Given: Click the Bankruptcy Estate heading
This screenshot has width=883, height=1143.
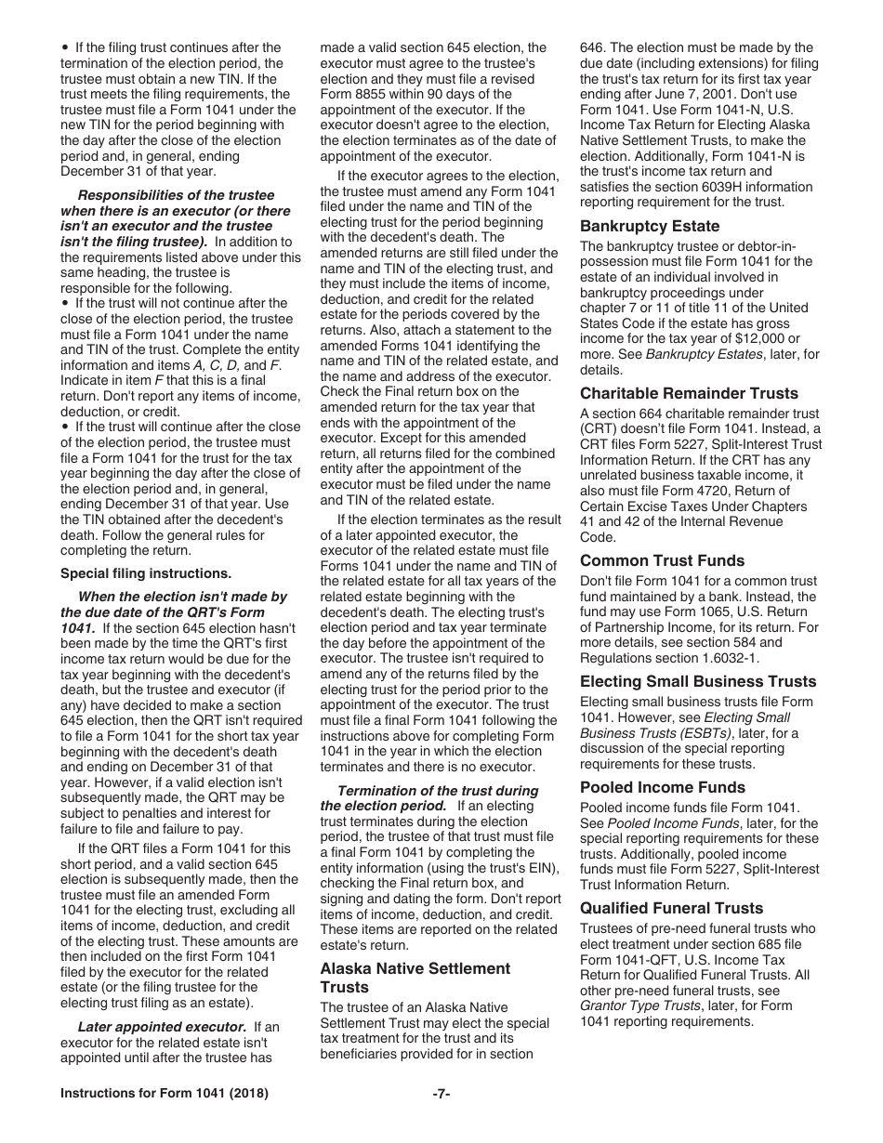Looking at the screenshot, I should click(x=650, y=226).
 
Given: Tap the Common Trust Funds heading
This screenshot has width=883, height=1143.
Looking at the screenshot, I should click(x=662, y=560).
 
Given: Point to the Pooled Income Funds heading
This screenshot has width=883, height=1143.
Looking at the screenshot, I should click(x=663, y=787).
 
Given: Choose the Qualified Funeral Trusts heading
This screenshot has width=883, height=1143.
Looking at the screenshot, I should click(x=671, y=908).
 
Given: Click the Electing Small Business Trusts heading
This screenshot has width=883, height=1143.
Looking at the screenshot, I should click(x=698, y=681).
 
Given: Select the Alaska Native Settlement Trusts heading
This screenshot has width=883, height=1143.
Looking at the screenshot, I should click(x=415, y=978).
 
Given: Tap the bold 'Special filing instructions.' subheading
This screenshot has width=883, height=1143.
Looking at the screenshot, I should click(x=146, y=573).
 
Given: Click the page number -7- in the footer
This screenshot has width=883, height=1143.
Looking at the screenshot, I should click(x=441, y=1094).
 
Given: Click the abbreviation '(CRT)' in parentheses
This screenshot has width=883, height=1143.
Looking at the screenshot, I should click(x=600, y=429).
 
